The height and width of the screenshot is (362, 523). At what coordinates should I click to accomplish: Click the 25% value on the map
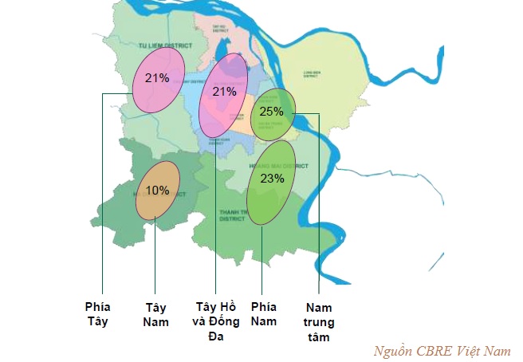pos(272,112)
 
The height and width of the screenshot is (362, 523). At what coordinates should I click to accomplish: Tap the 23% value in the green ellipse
pos(272,179)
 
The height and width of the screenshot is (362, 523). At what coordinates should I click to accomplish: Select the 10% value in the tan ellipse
pos(157,191)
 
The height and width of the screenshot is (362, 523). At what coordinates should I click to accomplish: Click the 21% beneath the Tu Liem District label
pos(157,78)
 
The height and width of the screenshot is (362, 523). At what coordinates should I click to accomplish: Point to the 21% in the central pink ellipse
pos(224,92)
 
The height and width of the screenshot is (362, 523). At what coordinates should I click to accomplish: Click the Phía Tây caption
pos(98,314)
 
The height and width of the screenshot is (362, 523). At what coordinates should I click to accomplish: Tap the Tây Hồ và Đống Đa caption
pos(216,321)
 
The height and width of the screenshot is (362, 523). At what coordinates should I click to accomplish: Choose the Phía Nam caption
pos(263,314)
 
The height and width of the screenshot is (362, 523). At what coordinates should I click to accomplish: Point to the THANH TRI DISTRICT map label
pos(232,214)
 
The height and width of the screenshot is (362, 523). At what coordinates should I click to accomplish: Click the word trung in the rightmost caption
pos(319,322)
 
